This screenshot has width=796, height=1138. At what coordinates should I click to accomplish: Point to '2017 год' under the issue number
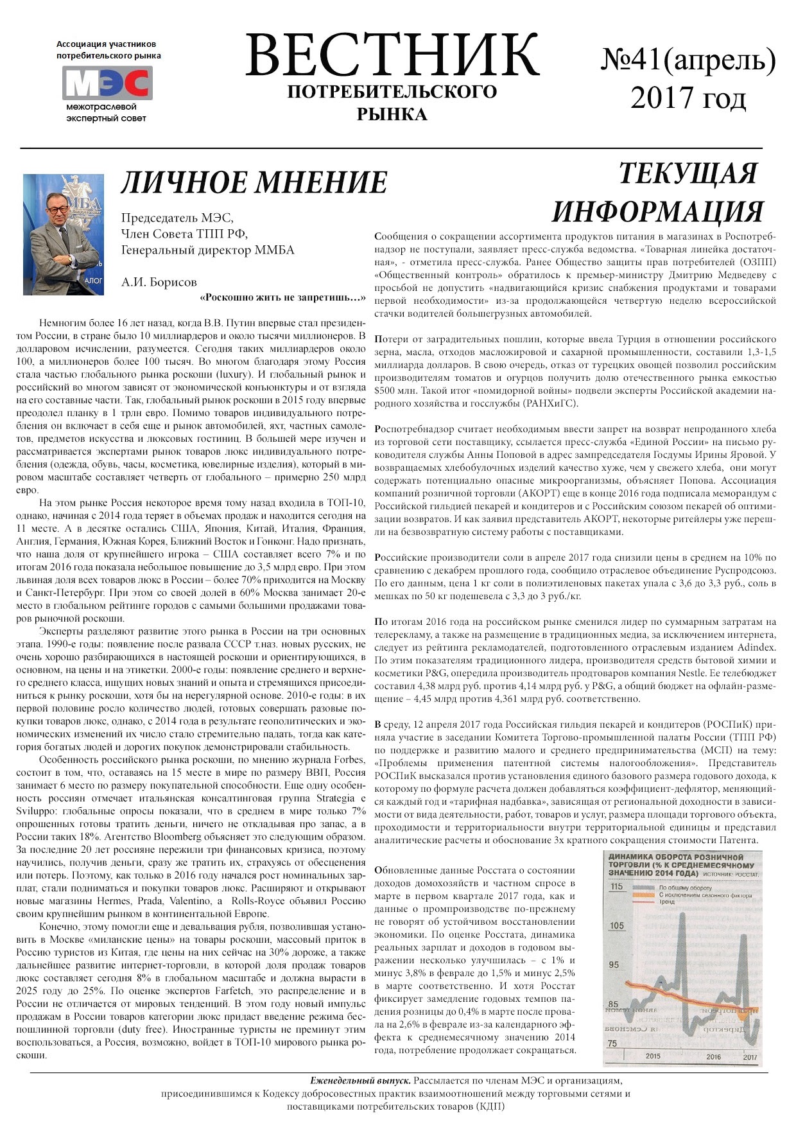(688, 98)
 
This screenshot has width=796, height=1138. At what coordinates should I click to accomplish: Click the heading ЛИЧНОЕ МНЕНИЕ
(254, 182)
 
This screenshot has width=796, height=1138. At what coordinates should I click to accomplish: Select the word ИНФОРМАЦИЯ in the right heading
(657, 211)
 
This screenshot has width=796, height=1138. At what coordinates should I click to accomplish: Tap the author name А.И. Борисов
(159, 282)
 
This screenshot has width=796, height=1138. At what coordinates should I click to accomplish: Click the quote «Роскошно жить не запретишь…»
(283, 298)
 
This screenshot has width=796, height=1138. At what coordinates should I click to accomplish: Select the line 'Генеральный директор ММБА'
(208, 250)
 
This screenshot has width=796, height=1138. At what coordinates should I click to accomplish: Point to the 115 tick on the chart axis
(617, 887)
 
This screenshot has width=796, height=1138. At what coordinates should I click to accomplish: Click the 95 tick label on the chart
(615, 965)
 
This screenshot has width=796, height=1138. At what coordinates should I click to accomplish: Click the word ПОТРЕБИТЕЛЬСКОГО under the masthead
(392, 92)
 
